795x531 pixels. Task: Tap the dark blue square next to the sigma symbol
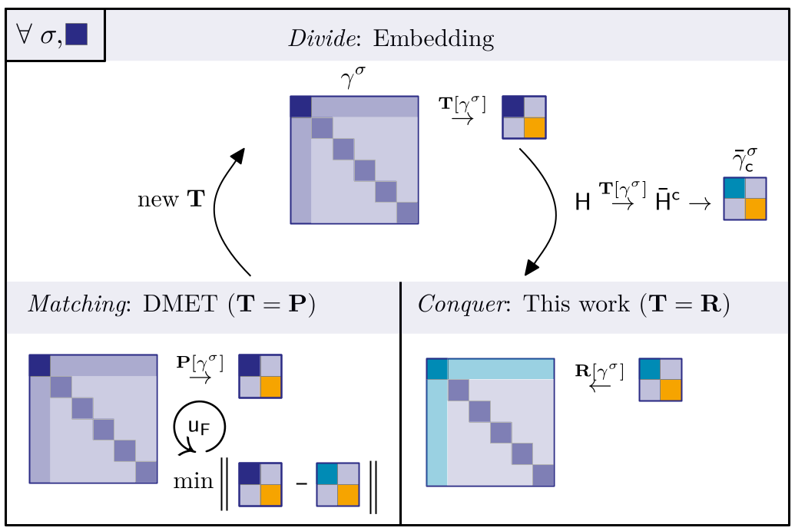click(x=76, y=35)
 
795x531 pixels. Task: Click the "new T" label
click(x=171, y=200)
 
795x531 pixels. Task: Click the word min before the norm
click(x=192, y=481)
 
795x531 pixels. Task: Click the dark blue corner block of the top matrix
click(x=300, y=106)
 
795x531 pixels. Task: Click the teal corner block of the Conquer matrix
click(x=437, y=368)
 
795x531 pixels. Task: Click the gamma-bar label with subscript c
click(x=743, y=160)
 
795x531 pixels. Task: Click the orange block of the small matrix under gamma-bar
click(x=756, y=209)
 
